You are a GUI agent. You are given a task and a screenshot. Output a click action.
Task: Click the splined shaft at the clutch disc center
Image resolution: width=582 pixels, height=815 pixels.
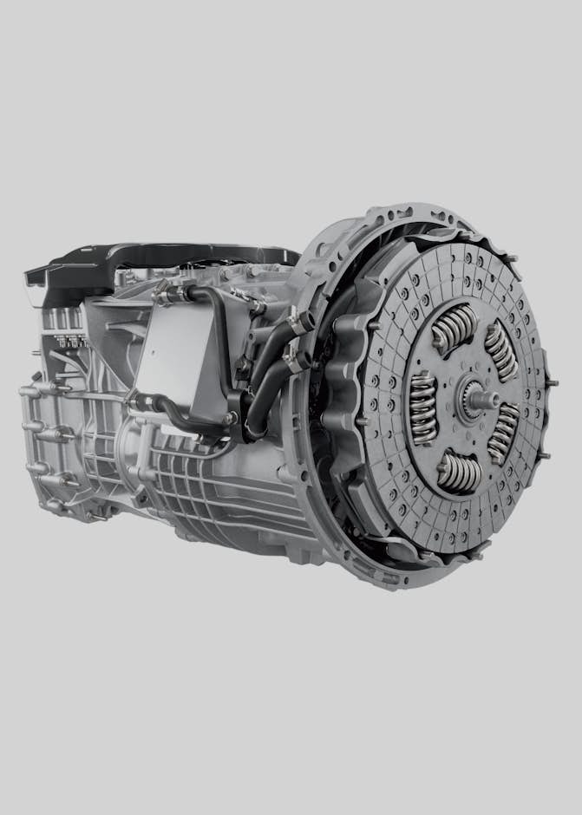point(477,398)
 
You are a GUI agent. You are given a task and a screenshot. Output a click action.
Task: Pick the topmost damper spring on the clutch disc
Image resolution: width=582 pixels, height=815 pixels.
point(454,327)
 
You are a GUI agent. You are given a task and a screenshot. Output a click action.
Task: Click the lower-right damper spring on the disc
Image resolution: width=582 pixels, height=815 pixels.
point(504,434)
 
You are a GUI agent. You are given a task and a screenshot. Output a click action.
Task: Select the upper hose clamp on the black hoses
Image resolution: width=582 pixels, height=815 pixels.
point(298,323)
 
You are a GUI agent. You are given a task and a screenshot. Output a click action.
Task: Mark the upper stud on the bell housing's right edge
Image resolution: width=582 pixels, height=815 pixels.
point(552,382)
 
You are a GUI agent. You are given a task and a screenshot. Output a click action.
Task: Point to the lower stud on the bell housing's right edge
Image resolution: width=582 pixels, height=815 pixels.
point(545,454)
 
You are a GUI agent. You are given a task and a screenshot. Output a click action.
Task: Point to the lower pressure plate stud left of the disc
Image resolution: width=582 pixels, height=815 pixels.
point(360,421)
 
